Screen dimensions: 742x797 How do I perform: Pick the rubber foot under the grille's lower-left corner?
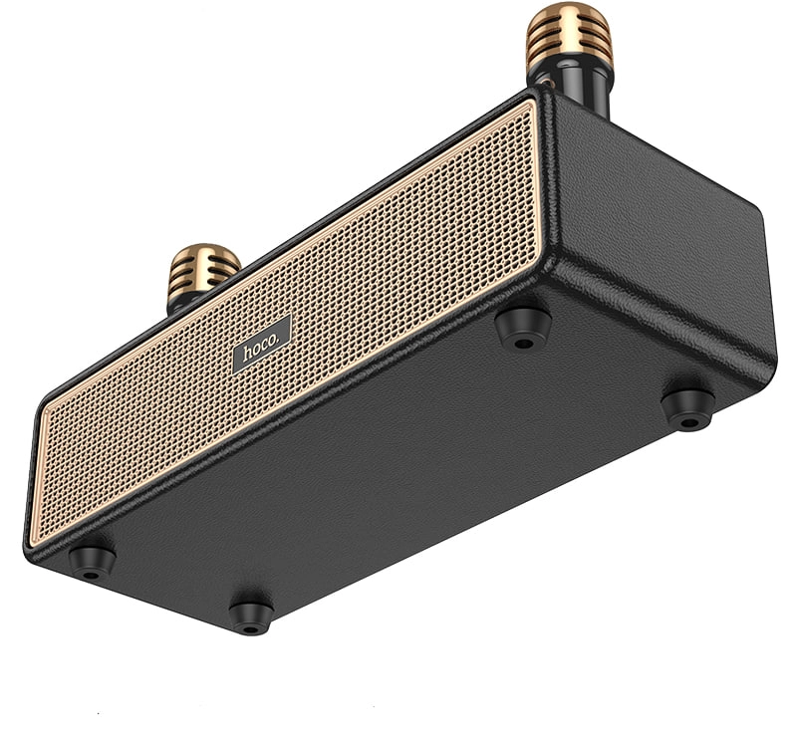click(92, 561)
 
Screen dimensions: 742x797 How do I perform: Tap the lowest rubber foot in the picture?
click(251, 615)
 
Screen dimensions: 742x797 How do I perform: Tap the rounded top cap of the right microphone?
click(570, 12)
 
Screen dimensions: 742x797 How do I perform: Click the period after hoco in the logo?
click(283, 337)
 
